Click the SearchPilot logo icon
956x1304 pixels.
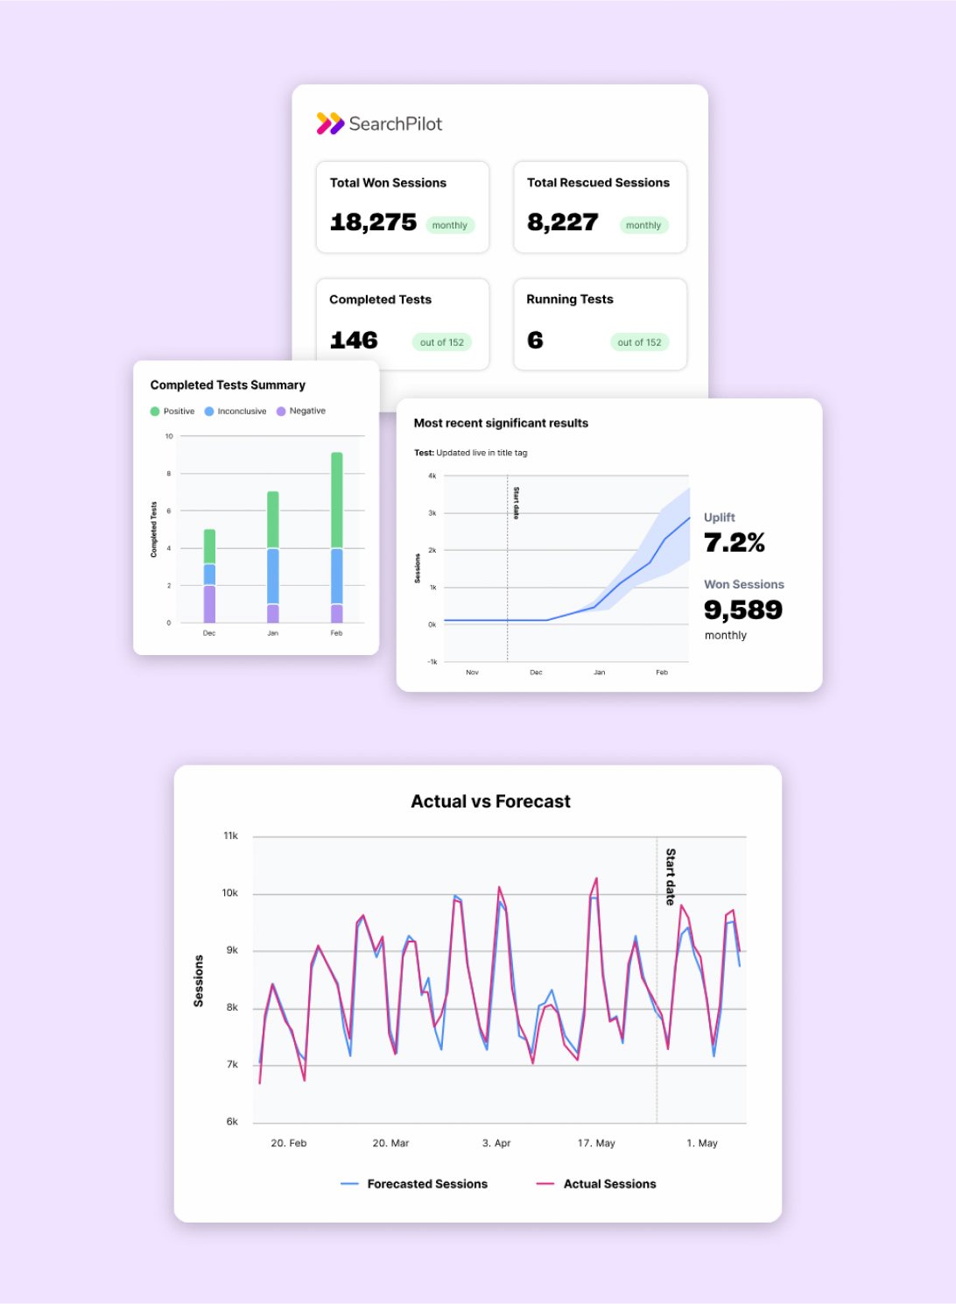tap(330, 123)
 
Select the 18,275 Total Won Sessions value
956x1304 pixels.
tap(373, 222)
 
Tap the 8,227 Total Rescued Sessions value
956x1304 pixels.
tap(562, 222)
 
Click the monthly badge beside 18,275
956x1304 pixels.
tap(450, 225)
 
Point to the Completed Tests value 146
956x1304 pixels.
tap(354, 341)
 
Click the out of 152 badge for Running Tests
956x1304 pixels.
tap(639, 342)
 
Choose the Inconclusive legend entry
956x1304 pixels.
tap(235, 411)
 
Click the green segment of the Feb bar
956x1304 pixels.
tap(337, 500)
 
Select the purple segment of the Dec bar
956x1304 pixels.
tap(209, 604)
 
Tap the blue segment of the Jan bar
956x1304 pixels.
tap(273, 575)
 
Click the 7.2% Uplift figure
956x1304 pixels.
tap(735, 543)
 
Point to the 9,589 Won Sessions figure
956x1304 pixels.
tap(743, 610)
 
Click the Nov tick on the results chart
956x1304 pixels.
tap(473, 673)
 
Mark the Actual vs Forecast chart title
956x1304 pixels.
tap(490, 801)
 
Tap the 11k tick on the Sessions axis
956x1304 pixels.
tap(230, 836)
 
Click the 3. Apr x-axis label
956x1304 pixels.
tap(496, 1143)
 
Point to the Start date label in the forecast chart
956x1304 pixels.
tap(671, 876)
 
